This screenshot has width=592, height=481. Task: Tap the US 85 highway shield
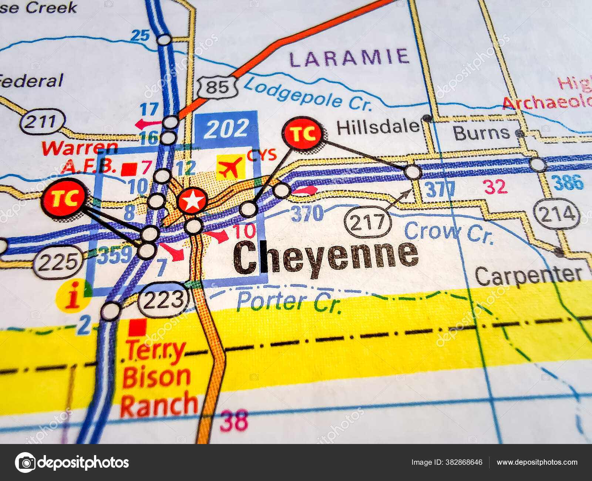[x=217, y=87]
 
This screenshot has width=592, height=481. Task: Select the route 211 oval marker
[x=42, y=122]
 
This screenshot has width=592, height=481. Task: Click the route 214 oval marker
[x=556, y=214]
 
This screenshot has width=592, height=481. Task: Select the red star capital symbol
[x=192, y=201]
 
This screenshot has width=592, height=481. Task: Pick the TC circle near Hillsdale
[x=302, y=133]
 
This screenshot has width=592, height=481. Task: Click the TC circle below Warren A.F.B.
[x=64, y=198]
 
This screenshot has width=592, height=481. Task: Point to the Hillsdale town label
[x=377, y=128]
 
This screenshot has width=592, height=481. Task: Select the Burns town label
[x=481, y=133]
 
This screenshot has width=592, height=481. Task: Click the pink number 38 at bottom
[x=234, y=421]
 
